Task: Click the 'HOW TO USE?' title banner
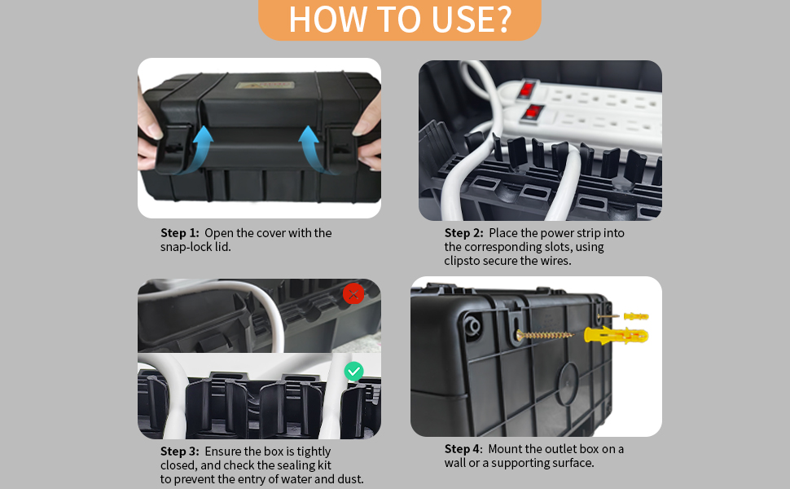coord(399,20)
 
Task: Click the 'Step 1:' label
coord(179,233)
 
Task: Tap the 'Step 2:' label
coord(463,233)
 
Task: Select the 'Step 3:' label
coord(179,452)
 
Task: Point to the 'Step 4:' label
coord(463,449)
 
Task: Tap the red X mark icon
coord(353,294)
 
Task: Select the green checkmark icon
coord(353,372)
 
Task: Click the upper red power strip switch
coord(529,88)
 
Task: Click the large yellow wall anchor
coord(616,335)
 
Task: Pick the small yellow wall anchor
coord(635,315)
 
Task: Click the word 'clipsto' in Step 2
coord(464,261)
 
